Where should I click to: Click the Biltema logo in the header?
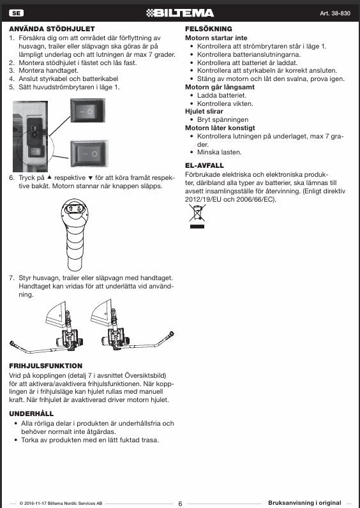point(180,13)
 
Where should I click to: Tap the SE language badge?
point(16,13)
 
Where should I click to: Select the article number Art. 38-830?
point(335,13)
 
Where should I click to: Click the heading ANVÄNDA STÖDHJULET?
point(52,29)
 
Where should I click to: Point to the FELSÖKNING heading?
point(209,29)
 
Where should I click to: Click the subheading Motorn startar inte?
point(216,38)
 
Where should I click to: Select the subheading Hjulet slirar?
point(204,112)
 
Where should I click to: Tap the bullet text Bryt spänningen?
point(223,120)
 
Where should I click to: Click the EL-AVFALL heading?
point(204,165)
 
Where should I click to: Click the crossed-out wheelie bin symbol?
point(197,216)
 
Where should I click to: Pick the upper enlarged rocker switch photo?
point(88,111)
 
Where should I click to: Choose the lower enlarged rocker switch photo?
point(89,154)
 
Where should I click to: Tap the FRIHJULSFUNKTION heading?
point(46,366)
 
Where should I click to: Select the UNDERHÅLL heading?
point(31,414)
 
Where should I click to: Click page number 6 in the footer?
point(181,504)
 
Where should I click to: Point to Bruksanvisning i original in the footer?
point(304,503)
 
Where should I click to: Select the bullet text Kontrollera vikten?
point(225,103)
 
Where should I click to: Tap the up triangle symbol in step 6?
point(49,177)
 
